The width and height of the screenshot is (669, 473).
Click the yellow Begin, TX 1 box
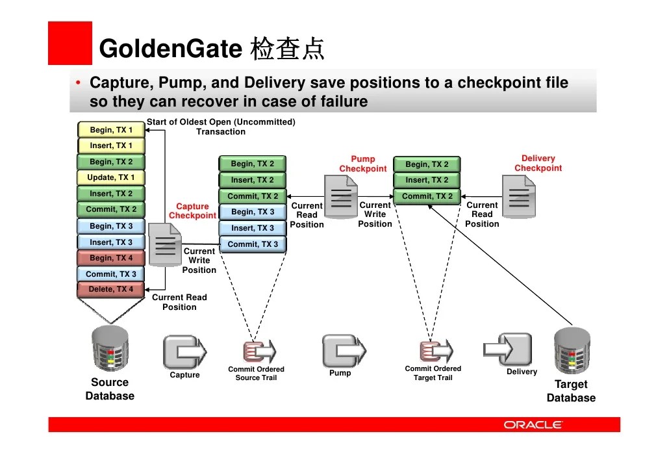click(x=110, y=130)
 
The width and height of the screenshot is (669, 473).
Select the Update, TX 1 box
click(x=110, y=177)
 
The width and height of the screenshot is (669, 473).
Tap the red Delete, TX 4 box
click(x=110, y=290)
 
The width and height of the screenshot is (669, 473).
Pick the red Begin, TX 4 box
click(x=110, y=258)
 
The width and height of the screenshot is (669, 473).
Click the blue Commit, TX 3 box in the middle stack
click(x=253, y=244)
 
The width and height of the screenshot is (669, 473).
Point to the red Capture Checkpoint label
click(x=192, y=211)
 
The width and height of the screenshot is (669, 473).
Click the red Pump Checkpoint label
click(x=362, y=164)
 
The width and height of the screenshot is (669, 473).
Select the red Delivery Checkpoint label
click(x=538, y=163)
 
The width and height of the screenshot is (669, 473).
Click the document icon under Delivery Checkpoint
click(x=518, y=196)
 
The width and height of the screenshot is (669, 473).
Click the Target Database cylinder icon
click(x=571, y=351)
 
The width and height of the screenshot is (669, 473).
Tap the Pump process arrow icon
click(x=340, y=351)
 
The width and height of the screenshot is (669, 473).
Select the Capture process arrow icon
click(x=184, y=352)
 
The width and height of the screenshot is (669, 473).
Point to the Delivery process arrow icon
click(x=514, y=350)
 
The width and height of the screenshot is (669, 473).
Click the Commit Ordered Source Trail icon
click(x=257, y=351)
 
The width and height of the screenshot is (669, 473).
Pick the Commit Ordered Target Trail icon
click(x=434, y=351)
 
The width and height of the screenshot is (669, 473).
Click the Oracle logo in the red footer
click(x=533, y=425)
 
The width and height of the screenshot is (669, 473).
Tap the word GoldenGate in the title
click(x=170, y=49)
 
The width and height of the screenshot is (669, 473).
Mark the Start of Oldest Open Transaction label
click(x=221, y=127)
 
